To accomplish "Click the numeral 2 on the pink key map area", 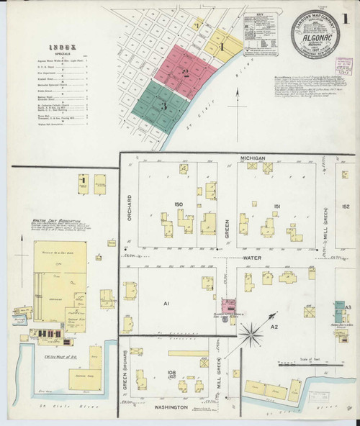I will pyautogui.click(x=185, y=72).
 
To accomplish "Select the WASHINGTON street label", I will pyautogui.click(x=171, y=407).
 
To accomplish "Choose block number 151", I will pyautogui.click(x=276, y=207).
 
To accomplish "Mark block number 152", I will pyautogui.click(x=346, y=207).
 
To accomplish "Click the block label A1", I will pyautogui.click(x=166, y=304).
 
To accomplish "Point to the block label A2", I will pyautogui.click(x=274, y=326).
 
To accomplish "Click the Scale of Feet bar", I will pyautogui.click(x=317, y=364).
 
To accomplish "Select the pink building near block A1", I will pyautogui.click(x=229, y=307).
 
